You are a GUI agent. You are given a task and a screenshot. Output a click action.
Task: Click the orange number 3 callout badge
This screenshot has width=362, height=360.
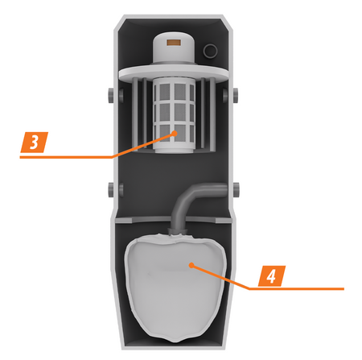tap(34, 143)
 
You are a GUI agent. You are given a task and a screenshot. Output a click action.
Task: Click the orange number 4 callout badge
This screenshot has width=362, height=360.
tap(272, 276)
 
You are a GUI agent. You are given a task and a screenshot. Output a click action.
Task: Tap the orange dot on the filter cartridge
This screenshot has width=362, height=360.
tap(175, 133)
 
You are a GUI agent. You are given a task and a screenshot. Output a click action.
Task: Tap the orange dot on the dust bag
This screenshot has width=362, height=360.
tap(191, 266)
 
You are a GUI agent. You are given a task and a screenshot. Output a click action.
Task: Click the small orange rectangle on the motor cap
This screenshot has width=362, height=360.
tap(174, 43)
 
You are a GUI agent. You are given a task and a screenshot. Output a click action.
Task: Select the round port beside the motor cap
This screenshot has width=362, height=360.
tap(210, 51)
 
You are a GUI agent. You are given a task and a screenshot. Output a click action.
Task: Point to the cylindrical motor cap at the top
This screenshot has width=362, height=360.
tap(174, 49)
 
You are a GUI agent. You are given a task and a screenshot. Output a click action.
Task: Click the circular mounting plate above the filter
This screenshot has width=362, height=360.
tap(174, 72)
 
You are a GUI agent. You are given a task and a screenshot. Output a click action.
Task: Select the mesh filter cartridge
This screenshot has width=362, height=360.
tap(174, 117)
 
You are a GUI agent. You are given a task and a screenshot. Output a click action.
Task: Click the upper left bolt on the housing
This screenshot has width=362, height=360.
tap(112, 95)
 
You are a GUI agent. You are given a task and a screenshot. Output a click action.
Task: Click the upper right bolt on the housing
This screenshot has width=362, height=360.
tap(236, 95)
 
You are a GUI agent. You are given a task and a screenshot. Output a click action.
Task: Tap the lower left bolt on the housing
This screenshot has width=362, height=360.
tap(112, 190)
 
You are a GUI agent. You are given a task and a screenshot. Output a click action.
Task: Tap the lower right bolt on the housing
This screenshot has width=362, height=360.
tap(236, 190)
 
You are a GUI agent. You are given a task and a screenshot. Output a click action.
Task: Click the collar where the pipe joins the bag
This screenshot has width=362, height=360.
tap(176, 231)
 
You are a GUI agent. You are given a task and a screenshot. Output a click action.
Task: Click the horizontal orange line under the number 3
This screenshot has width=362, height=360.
tap(66, 157)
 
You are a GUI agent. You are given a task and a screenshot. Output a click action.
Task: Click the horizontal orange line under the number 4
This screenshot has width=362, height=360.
tap(296, 289)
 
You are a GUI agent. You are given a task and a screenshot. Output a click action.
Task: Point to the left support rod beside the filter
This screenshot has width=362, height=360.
tap(135, 114)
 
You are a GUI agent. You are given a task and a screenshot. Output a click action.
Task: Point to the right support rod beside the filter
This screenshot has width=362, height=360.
tap(212, 114)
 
